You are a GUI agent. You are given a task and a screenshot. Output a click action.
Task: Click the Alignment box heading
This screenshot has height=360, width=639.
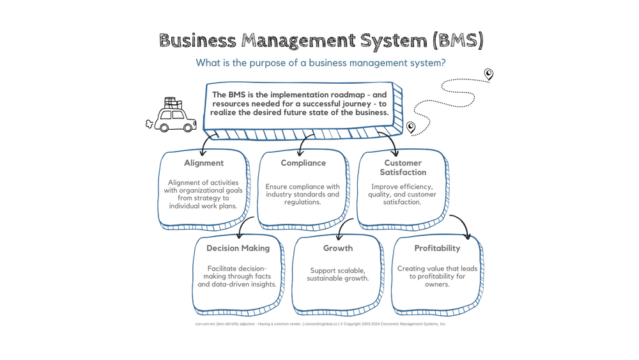[x=204, y=163]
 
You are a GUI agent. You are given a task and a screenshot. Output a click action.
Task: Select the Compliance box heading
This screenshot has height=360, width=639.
[x=304, y=163]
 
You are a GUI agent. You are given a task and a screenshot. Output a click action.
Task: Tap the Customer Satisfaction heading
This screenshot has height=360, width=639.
[x=403, y=168]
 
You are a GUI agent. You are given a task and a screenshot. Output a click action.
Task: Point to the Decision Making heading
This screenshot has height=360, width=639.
[x=238, y=248]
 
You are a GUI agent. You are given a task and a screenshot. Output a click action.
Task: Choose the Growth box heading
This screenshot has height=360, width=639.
[x=338, y=248]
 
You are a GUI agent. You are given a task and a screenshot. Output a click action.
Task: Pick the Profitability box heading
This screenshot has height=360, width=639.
[x=437, y=248]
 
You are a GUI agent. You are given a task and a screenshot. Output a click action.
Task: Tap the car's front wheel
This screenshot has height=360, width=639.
[x=189, y=127]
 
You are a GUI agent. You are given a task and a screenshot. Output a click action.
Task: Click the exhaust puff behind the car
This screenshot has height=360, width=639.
[x=150, y=124]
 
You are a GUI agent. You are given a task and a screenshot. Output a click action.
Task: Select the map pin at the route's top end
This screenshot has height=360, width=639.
[x=489, y=74]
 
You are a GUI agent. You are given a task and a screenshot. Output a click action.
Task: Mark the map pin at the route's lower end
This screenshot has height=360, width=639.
[x=411, y=127]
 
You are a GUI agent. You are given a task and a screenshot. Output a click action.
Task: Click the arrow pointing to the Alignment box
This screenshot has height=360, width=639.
[x=206, y=145]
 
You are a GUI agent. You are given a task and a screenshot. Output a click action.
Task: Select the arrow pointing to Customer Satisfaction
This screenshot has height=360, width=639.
[x=390, y=144]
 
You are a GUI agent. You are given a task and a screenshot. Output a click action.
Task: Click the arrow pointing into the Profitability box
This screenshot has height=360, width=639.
[x=463, y=226]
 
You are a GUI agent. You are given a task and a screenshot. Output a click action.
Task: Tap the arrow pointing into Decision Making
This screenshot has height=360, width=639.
[x=243, y=228]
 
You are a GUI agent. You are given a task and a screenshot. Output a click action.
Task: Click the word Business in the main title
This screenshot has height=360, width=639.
[x=196, y=41]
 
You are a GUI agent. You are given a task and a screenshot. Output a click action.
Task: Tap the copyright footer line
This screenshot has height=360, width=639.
[x=321, y=324]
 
